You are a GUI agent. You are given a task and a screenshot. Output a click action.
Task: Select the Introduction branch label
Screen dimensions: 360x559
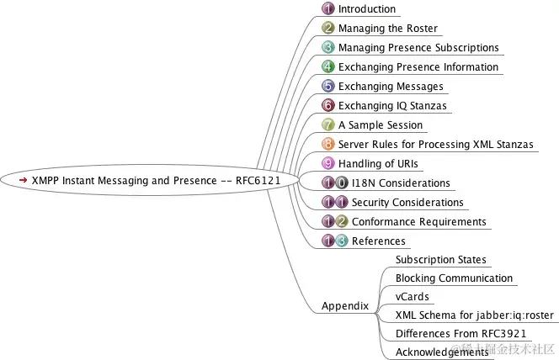tap(367, 9)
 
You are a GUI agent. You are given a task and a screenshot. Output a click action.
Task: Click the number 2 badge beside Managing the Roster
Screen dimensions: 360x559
tap(328, 29)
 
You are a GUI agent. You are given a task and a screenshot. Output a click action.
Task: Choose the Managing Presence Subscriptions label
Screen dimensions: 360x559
tap(418, 48)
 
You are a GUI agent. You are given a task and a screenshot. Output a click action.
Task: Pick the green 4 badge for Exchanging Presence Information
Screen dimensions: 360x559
tap(328, 67)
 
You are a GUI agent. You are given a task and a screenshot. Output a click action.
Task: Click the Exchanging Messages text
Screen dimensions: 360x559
tap(391, 87)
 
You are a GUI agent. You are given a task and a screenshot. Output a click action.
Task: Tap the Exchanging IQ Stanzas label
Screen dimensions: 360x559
tap(392, 106)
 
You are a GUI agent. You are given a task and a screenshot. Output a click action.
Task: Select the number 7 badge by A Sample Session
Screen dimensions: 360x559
tap(328, 125)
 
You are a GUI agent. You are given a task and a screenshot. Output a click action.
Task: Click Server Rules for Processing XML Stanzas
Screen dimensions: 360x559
tap(436, 145)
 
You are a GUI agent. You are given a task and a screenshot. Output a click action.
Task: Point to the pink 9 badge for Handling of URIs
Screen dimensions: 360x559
tap(328, 164)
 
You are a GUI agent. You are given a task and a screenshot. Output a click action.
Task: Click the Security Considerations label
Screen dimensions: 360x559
tap(407, 203)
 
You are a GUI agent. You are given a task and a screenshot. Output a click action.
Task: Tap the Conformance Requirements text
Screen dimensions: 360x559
tap(418, 222)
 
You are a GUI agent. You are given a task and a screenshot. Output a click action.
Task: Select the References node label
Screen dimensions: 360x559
tap(378, 241)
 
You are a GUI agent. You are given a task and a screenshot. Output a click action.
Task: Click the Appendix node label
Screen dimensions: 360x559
tap(345, 306)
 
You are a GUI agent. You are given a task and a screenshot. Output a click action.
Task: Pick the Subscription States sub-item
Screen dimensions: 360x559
tap(441, 260)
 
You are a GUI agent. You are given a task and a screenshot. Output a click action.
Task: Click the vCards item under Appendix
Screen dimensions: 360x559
tap(413, 297)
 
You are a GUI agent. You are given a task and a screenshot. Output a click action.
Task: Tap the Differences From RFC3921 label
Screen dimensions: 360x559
tap(452, 334)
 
